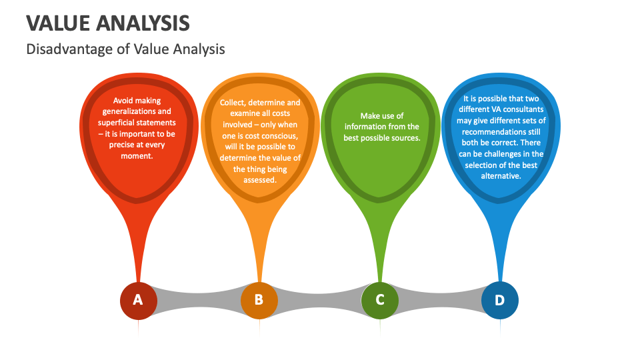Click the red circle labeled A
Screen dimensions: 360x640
138,300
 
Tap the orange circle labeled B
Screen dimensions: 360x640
259,300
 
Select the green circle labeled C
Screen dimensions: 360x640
380,300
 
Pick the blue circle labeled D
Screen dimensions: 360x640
500,300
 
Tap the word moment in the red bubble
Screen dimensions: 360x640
138,156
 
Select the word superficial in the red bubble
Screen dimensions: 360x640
118,123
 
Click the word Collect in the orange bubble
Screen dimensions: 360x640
233,103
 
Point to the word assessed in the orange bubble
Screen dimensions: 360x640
260,180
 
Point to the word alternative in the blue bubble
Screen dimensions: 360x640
501,176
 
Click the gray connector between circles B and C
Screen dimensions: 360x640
319,300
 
